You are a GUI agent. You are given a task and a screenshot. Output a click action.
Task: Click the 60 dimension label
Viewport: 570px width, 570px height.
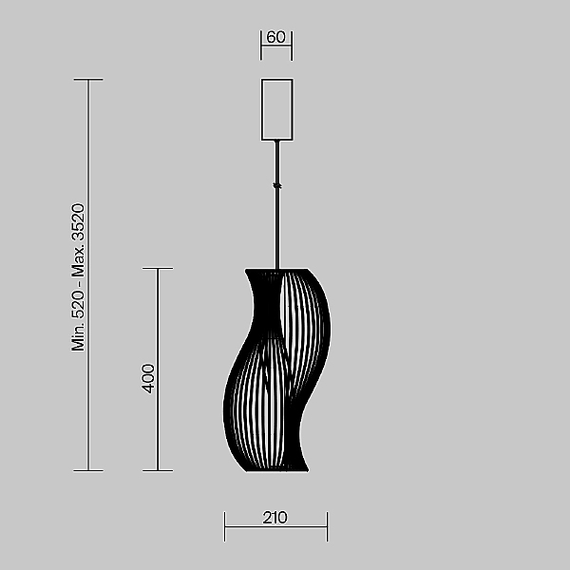coord(275,37)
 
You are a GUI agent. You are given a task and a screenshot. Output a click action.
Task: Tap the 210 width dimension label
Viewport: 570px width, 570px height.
coord(275,518)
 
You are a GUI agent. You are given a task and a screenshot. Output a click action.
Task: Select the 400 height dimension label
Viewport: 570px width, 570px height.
coord(148,378)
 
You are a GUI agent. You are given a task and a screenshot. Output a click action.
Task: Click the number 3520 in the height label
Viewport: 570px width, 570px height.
coord(78,221)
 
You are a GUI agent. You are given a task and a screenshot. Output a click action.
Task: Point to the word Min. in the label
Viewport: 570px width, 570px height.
coord(78,337)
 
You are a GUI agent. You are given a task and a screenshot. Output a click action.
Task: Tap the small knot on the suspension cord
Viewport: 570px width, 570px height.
coord(277,186)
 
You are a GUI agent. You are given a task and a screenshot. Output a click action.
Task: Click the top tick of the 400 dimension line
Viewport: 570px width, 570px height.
coord(158,269)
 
